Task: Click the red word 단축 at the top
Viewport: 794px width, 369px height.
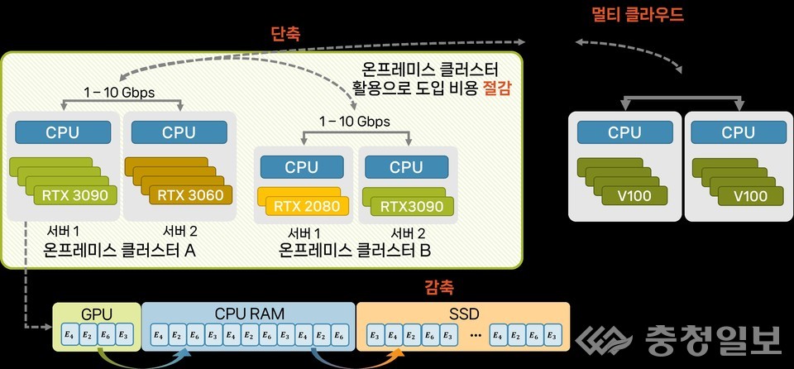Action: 286,35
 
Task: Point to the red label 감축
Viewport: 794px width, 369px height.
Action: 440,289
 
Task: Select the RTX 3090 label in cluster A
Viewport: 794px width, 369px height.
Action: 74,196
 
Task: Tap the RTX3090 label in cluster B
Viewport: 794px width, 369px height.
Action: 406,206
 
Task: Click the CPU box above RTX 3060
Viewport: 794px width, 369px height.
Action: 179,132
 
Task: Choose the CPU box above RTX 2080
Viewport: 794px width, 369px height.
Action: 302,167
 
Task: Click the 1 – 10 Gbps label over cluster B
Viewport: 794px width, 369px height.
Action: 355,122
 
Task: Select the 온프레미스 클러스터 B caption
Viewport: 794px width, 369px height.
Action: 356,248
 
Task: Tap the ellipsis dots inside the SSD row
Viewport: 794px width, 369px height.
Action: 475,335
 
